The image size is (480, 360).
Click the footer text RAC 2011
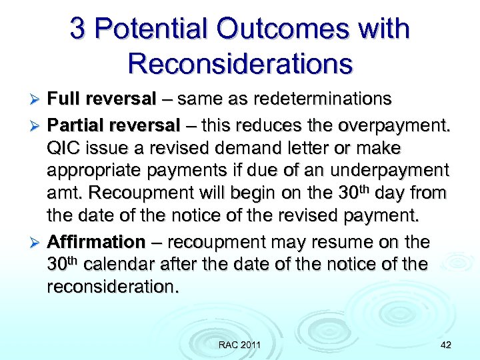pyautogui.click(x=239, y=345)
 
